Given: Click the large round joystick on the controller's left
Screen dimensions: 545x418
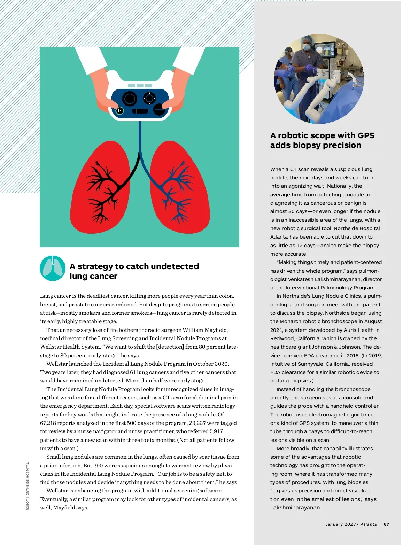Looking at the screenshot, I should (129, 99).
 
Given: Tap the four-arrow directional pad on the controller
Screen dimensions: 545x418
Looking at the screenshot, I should (149, 99).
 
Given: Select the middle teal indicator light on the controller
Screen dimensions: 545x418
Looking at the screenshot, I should (140, 85).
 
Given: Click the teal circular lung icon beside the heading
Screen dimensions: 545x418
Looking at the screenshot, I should (53, 268).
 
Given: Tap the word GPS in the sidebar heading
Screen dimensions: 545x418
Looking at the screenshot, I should (366, 135).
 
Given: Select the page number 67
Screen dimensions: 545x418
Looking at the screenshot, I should (386, 524).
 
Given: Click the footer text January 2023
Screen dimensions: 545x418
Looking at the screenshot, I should (340, 524).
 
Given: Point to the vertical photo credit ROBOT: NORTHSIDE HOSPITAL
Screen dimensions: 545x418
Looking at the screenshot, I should (28, 486).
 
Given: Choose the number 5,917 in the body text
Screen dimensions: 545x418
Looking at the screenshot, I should (216, 431).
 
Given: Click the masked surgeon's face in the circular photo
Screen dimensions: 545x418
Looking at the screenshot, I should (307, 46).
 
